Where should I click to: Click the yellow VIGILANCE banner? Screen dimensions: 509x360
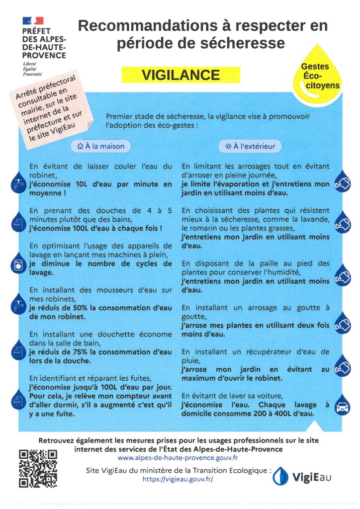180,75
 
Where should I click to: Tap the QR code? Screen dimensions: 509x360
38,468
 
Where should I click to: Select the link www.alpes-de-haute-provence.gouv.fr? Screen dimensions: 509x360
178,457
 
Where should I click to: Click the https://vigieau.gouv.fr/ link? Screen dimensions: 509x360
178,479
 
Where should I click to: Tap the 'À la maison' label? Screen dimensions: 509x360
101,146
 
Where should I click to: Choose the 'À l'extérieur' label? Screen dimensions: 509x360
250,146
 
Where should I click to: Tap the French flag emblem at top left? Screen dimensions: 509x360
33,21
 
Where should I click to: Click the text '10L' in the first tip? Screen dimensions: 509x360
81,183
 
